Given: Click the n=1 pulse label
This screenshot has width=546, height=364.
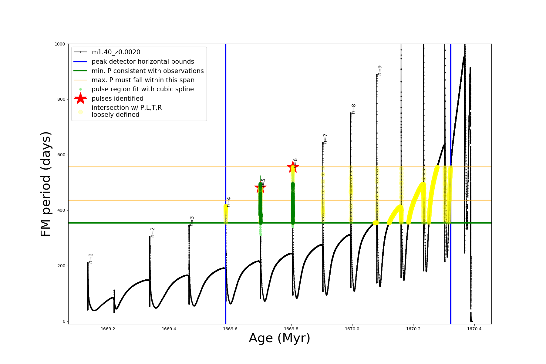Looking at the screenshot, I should point(91,258).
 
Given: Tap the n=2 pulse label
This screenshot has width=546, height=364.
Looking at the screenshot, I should point(153,232).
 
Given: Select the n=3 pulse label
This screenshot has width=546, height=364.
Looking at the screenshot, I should point(192,221).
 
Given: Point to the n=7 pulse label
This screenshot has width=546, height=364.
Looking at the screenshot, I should point(325,138).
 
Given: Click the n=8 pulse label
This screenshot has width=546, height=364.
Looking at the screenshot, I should point(353,109).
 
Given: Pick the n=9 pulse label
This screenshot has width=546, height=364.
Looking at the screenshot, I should point(379,70).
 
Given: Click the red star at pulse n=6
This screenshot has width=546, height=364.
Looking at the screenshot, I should point(293,167).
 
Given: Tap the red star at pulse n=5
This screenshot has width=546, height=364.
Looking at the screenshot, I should point(260,187).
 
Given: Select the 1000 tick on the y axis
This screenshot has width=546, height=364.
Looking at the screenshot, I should point(60,44).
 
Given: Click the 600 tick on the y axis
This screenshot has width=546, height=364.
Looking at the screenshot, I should point(62,155).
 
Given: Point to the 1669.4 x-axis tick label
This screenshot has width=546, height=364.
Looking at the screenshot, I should point(169,329).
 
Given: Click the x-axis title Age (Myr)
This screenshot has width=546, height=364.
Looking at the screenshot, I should point(279,338).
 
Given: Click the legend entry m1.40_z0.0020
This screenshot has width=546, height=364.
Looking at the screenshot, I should point(116,52).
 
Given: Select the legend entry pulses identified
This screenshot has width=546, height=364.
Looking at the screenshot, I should point(117,99).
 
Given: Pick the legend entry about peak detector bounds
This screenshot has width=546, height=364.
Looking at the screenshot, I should point(143,62).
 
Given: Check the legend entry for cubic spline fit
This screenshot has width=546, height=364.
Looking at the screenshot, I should point(143,89).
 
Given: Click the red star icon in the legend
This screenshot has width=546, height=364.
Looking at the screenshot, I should point(80,98).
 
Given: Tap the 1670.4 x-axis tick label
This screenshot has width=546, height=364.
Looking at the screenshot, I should point(474,329).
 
